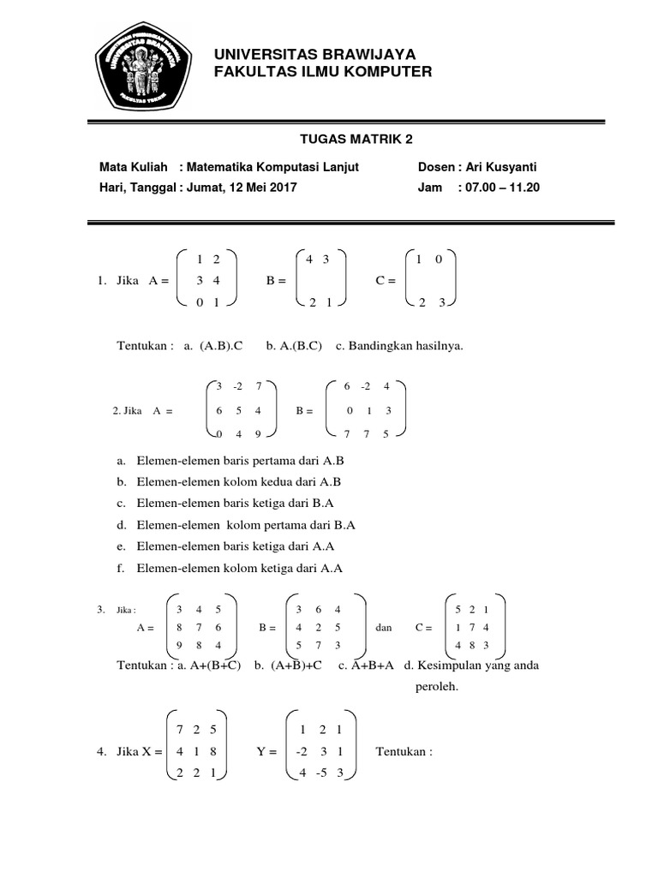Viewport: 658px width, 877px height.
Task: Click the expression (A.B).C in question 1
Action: point(221,346)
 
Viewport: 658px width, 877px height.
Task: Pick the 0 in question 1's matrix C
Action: point(439,259)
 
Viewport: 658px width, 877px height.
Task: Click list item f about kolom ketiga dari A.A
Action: point(230,568)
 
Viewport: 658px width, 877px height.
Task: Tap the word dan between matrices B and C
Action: point(384,628)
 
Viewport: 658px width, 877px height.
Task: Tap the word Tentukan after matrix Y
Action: point(404,752)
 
